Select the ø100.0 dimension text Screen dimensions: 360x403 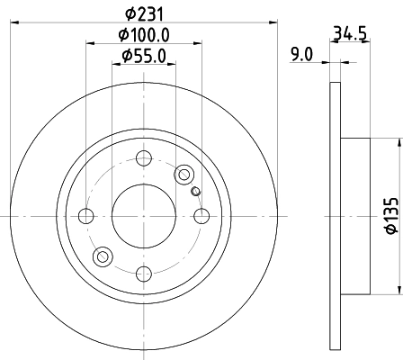pyautogui.click(x=145, y=36)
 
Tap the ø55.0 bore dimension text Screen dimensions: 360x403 pyautogui.click(x=144, y=58)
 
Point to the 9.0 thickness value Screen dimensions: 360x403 pyautogui.click(x=301, y=55)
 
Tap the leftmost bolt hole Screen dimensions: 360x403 pyautogui.click(x=86, y=216)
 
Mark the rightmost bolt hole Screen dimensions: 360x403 pyautogui.click(x=201, y=216)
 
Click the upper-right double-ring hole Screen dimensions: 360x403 pyautogui.click(x=185, y=174)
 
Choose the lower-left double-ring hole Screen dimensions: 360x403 pyautogui.click(x=103, y=258)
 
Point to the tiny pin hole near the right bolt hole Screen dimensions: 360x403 pyautogui.click(x=195, y=190)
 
